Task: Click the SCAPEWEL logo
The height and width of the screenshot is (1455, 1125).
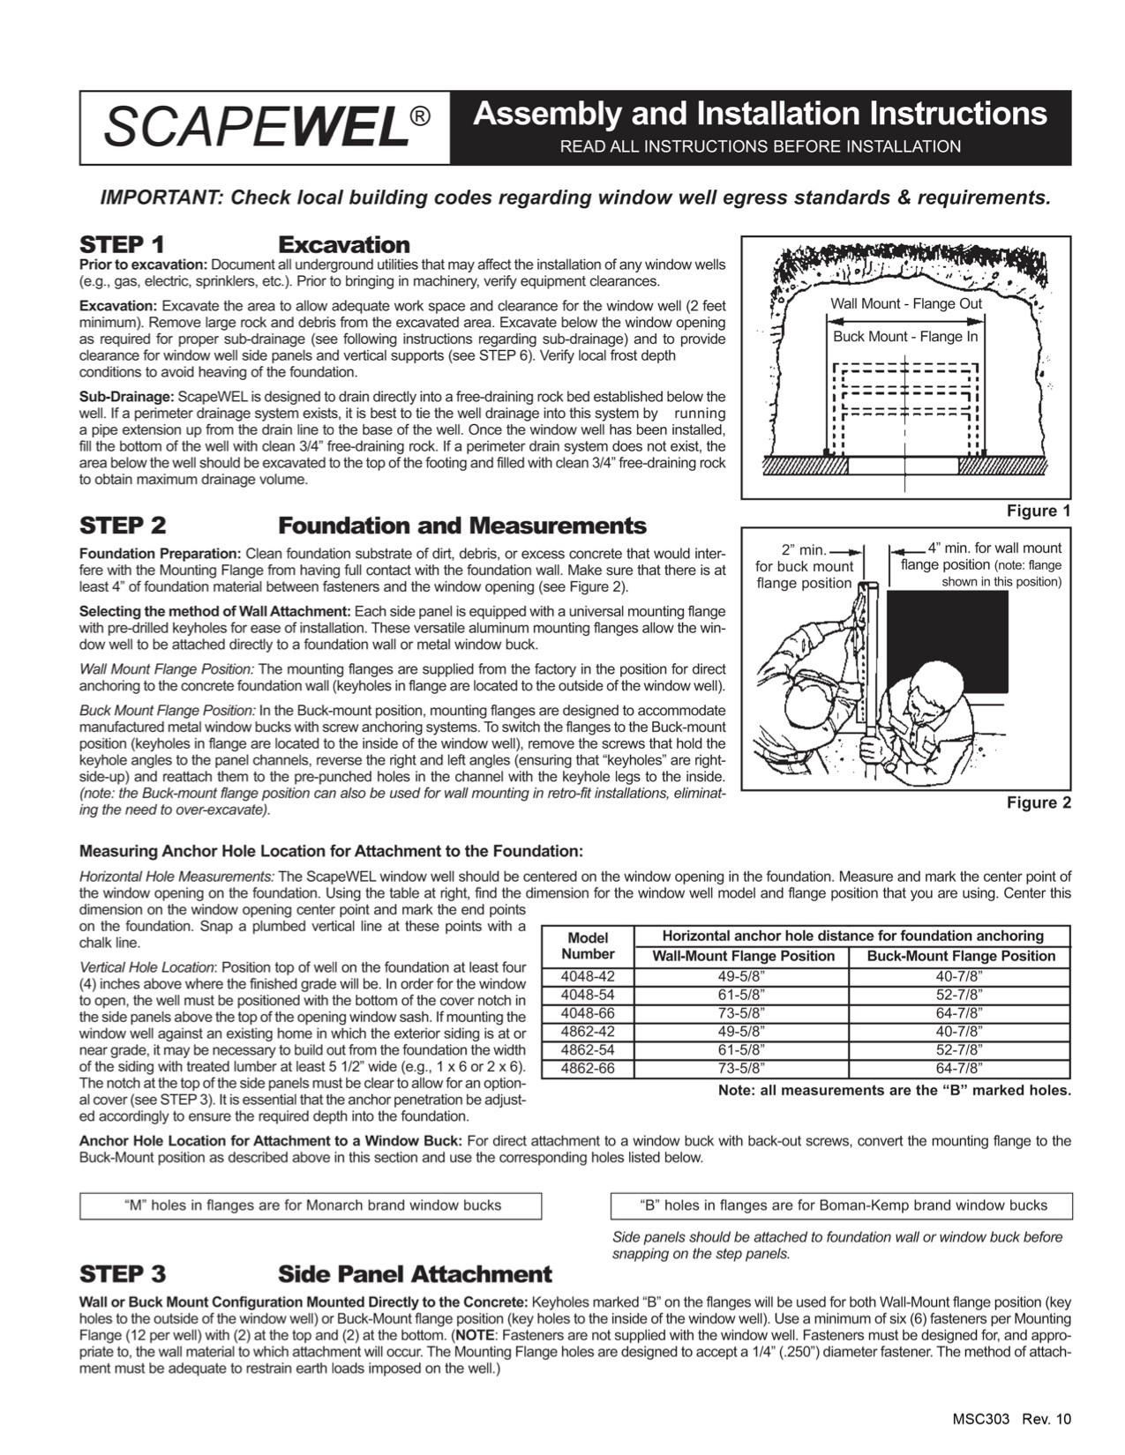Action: click(265, 129)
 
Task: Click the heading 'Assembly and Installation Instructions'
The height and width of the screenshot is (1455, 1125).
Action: click(760, 115)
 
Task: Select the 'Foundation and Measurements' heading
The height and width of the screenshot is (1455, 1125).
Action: click(461, 526)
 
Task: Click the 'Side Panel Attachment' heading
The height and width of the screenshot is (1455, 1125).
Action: click(415, 1274)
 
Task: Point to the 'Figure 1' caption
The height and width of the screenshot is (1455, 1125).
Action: click(1039, 511)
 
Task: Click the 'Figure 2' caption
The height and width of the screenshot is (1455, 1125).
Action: click(1039, 802)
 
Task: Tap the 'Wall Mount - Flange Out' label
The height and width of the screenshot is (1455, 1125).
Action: click(905, 304)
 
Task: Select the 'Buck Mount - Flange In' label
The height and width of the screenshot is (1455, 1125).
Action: click(905, 337)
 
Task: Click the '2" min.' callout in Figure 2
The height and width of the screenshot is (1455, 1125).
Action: click(803, 549)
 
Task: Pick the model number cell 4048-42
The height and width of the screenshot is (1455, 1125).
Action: click(588, 975)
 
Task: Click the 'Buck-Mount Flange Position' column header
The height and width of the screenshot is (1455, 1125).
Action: click(960, 956)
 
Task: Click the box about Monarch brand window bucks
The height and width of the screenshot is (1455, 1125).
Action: click(311, 1205)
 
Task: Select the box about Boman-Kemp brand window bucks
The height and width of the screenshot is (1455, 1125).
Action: click(842, 1205)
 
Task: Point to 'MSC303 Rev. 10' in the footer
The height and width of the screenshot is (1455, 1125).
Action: click(1011, 1419)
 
